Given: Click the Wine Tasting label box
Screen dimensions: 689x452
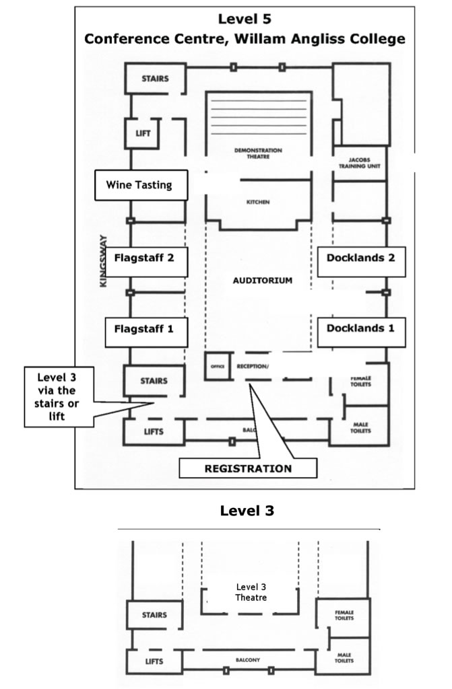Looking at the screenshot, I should coord(140,185).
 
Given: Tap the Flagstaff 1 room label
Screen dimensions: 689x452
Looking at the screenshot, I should coord(145,329).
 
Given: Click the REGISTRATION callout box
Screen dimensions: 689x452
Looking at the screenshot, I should coord(248,468).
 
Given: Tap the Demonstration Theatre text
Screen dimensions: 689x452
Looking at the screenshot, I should coord(259,153).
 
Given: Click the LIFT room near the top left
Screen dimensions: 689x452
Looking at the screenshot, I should coord(143,133).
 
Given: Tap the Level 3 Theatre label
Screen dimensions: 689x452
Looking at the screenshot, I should coord(251,592).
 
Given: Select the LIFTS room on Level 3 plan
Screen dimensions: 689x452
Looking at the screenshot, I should coord(154,661).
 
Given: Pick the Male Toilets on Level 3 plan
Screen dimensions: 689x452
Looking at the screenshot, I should coord(344,656).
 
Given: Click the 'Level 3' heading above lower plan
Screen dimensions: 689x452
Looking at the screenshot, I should coord(247,511).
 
